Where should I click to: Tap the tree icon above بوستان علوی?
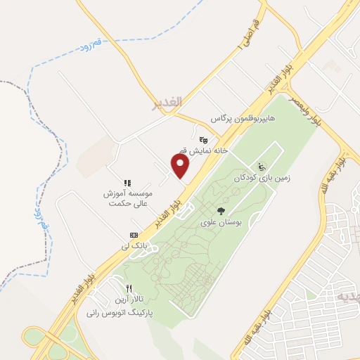(x=221, y=211)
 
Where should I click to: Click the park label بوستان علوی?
(x=221, y=222)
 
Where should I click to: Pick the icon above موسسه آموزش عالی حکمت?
(x=128, y=183)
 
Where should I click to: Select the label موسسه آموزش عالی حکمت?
(x=127, y=198)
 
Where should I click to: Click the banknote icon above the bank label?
(x=134, y=234)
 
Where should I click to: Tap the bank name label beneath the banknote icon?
(x=127, y=245)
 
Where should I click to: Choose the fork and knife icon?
(x=129, y=288)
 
